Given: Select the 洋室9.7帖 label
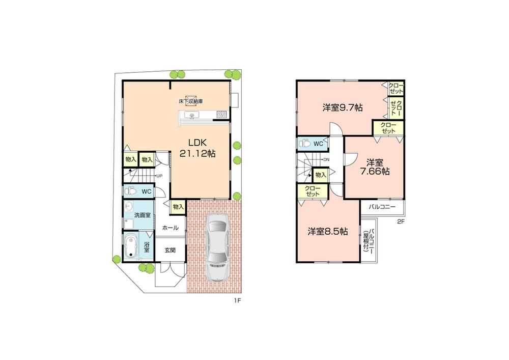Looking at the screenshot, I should (342, 107).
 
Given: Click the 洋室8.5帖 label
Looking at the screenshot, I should (327, 231).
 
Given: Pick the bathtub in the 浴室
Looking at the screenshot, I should (131, 246).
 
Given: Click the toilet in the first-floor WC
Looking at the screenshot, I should (130, 192).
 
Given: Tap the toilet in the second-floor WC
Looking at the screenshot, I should (304, 144).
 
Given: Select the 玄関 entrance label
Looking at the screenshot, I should (169, 250).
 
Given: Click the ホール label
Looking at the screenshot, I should (170, 228).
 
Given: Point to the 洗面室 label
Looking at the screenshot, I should (142, 215).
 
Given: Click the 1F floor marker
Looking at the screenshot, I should (237, 301).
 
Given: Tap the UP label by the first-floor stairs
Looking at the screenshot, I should (159, 176).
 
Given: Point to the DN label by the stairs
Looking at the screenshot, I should (325, 159).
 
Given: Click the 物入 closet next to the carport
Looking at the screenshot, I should (178, 207).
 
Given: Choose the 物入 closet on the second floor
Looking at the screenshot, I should (320, 175).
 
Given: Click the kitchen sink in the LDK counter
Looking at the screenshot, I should (192, 116).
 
